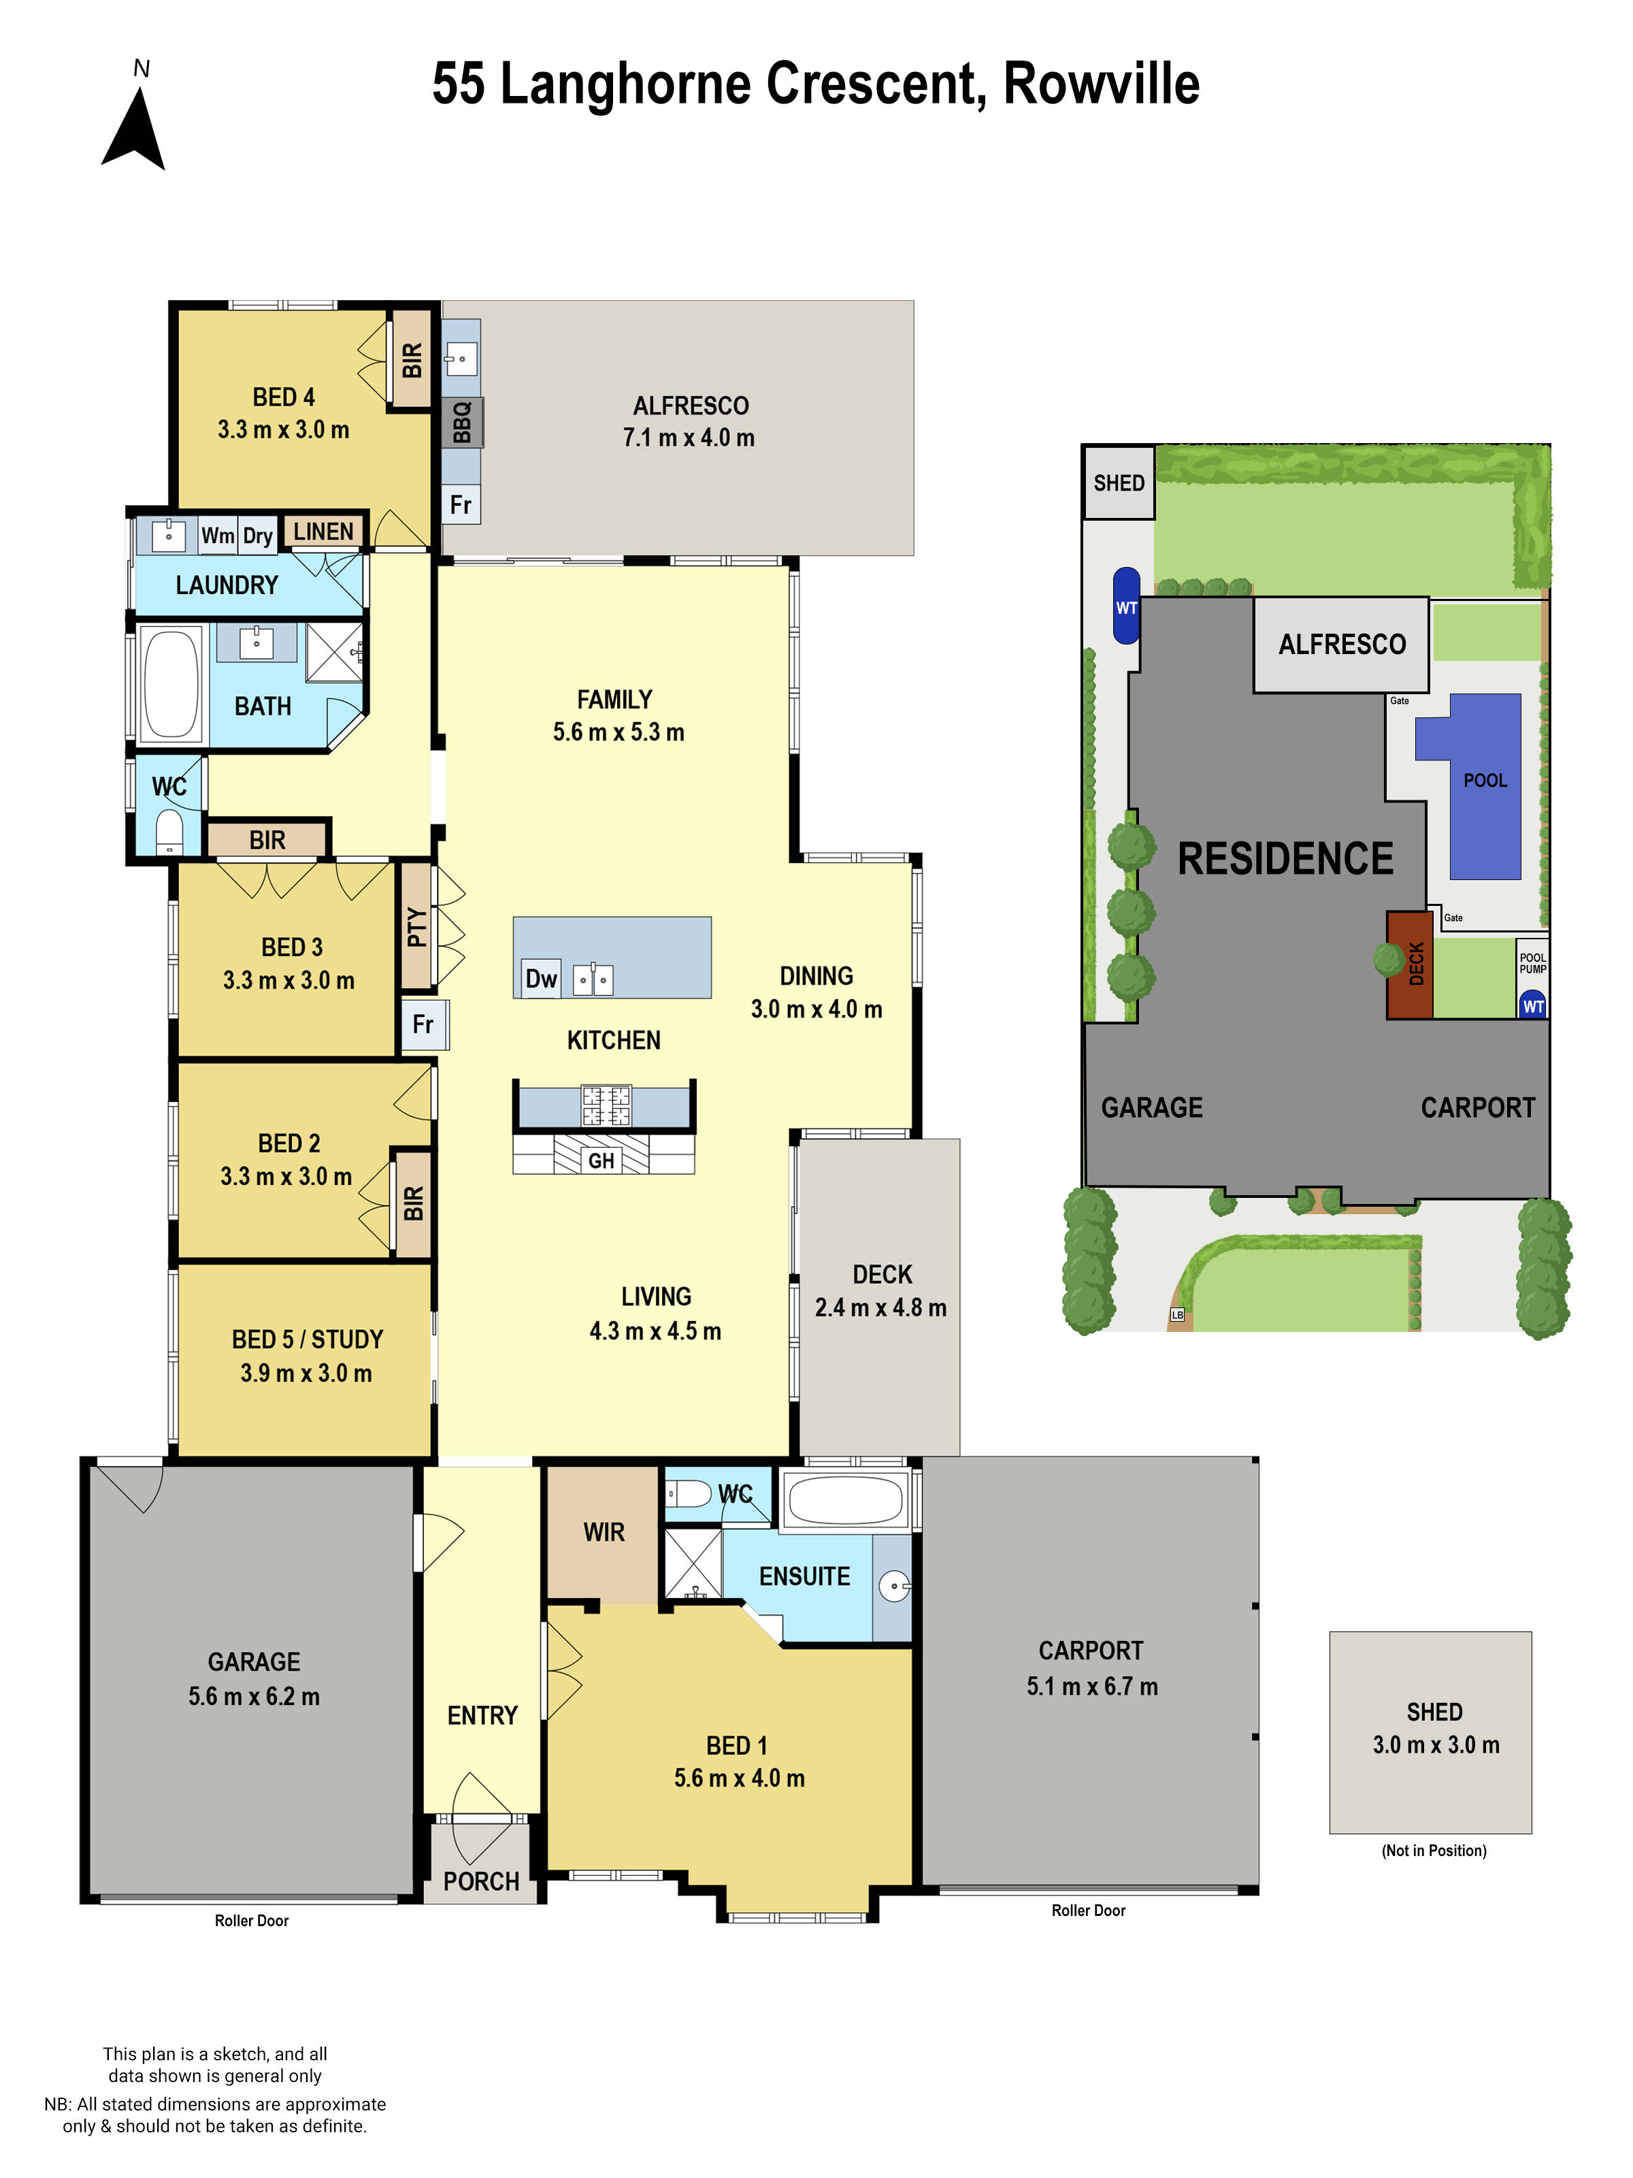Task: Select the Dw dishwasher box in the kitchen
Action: click(540, 979)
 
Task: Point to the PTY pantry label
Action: click(416, 926)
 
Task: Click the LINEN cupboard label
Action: click(323, 532)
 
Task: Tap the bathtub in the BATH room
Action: click(171, 683)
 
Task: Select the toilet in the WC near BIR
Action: click(170, 832)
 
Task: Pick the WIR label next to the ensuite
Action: click(604, 1532)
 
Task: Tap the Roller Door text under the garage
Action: click(252, 1920)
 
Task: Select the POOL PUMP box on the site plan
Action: click(1532, 963)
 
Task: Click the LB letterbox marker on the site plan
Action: click(1177, 1314)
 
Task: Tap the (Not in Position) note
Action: click(1433, 1850)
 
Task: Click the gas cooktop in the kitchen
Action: click(606, 1105)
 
